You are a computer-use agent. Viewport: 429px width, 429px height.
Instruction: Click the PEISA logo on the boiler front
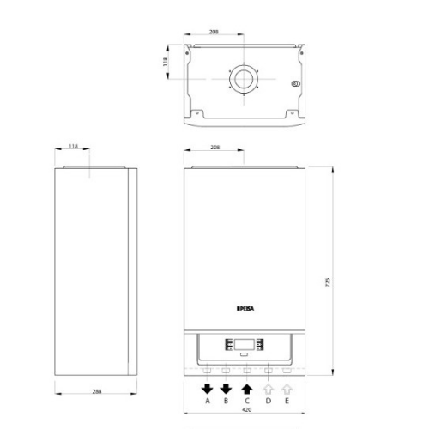pos(245,309)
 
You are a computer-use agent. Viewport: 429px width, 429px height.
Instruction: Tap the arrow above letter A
pos(208,390)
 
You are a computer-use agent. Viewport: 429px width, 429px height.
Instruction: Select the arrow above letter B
pos(226,390)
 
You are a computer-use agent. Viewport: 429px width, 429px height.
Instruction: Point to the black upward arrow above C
pos(247,390)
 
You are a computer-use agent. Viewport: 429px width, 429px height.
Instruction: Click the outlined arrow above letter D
pos(269,390)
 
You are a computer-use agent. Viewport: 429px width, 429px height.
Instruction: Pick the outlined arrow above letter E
pos(287,390)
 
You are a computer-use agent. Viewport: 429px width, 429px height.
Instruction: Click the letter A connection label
pos(208,401)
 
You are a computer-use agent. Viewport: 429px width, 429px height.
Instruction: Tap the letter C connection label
pos(247,401)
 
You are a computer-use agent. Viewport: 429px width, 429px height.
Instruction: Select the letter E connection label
pos(287,401)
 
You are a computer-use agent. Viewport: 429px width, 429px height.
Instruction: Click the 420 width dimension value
pos(246,409)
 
